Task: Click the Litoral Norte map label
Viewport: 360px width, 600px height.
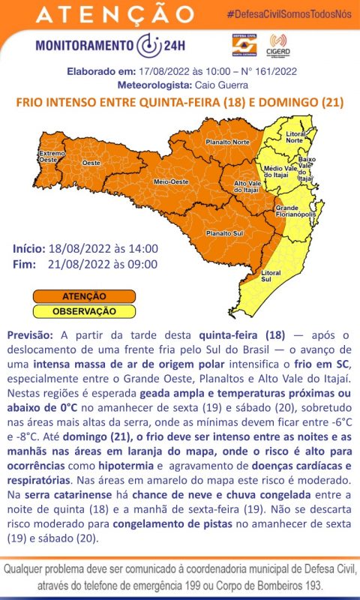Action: tap(294, 137)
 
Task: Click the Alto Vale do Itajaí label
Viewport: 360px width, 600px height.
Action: tap(247, 187)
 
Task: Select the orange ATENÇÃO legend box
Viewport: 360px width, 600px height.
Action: tap(84, 297)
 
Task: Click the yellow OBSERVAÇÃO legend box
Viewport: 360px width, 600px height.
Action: tap(84, 310)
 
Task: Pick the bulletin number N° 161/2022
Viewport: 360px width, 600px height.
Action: tap(263, 73)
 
